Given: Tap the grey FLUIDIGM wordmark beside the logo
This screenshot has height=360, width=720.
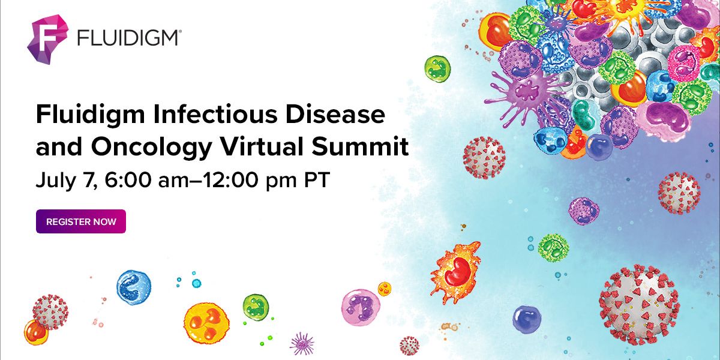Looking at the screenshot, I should click(128, 38).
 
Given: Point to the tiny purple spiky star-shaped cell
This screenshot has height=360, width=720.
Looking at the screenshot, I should click(301, 343).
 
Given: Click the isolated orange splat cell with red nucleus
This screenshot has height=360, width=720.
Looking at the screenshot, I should click(456, 270).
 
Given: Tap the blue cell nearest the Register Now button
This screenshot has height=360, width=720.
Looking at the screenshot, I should click(133, 287).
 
